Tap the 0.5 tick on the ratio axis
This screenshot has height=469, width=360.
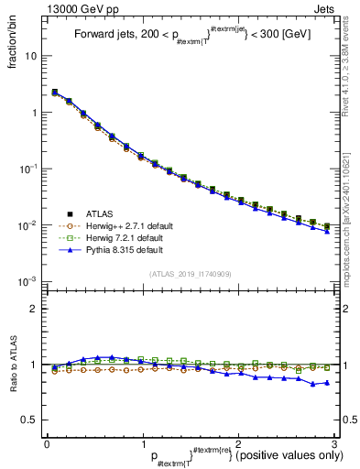click(x=29, y=420)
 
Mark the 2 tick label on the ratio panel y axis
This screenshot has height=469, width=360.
click(x=34, y=309)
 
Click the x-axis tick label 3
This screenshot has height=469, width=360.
click(x=334, y=442)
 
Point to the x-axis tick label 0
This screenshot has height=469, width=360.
click(x=47, y=442)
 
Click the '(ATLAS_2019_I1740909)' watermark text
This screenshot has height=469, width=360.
click(x=190, y=274)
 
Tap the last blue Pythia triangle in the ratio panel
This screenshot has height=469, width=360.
click(x=327, y=383)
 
